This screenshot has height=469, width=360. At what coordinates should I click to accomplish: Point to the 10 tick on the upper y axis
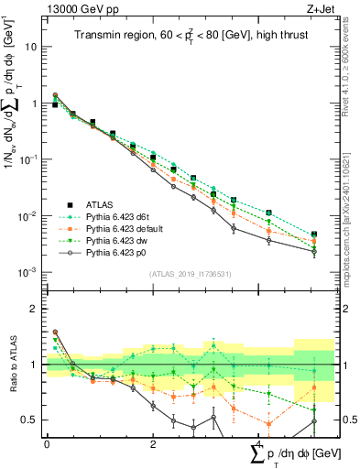tap(32, 47)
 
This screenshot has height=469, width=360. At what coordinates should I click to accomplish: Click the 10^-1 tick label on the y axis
tap(28, 159)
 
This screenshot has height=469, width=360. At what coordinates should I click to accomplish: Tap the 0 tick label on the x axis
tap(47, 444)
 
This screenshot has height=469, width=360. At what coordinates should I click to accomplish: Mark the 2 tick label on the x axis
tap(151, 444)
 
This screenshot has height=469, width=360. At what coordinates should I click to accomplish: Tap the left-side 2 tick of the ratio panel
tap(35, 310)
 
